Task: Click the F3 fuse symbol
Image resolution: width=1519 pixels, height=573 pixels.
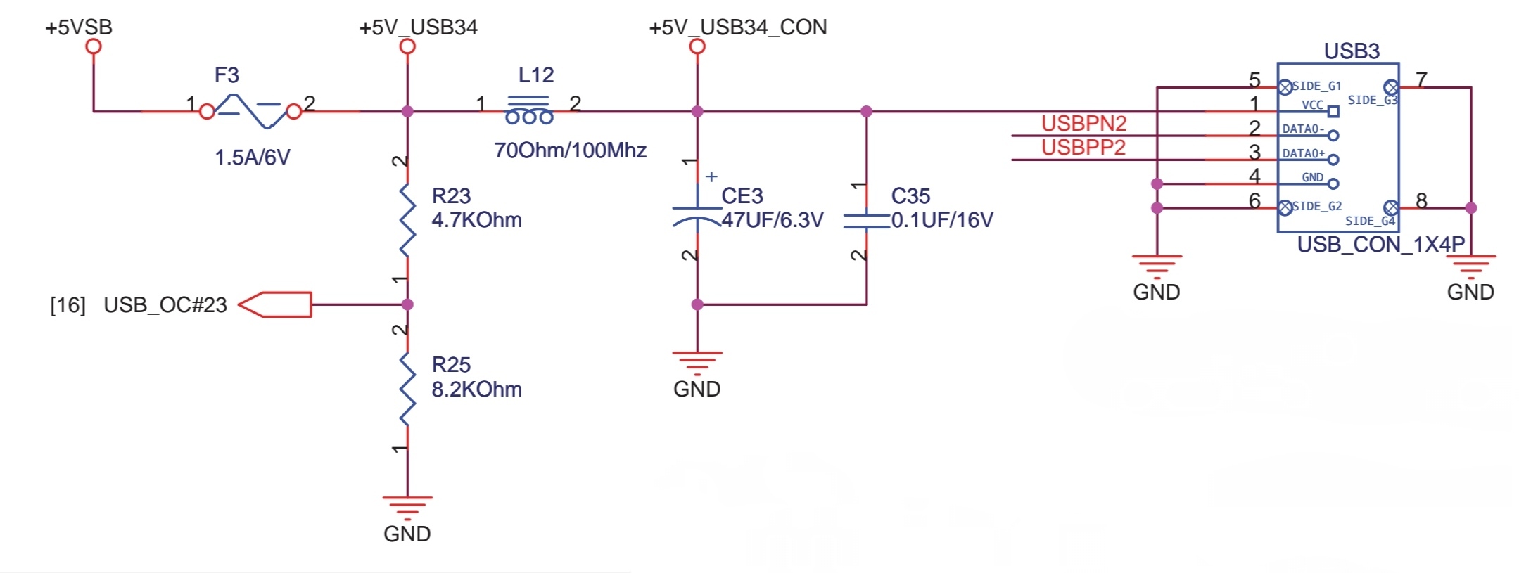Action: click(x=250, y=111)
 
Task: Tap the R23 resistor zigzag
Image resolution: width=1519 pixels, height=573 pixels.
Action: click(x=407, y=220)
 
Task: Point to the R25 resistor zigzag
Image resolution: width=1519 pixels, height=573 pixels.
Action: click(x=407, y=389)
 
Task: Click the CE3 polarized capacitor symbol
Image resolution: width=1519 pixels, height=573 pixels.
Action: click(x=697, y=214)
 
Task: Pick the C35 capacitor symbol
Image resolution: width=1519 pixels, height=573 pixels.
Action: click(x=866, y=221)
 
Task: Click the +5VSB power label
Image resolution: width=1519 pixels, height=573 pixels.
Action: click(x=79, y=27)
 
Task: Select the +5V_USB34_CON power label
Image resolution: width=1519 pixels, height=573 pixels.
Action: click(x=737, y=27)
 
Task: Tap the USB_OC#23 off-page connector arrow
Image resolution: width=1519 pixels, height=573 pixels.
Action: click(x=275, y=304)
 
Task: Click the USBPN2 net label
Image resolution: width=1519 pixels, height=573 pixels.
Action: click(x=1083, y=124)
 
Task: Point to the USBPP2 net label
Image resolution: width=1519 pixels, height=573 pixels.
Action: click(x=1083, y=148)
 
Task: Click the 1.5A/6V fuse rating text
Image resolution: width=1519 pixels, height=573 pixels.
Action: click(x=252, y=157)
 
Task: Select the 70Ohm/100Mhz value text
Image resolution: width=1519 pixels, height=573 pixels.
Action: click(x=570, y=150)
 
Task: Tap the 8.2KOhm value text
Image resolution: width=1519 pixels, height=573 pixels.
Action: click(x=476, y=389)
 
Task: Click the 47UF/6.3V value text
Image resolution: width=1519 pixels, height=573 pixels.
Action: click(x=773, y=220)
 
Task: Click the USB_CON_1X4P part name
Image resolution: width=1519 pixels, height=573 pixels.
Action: click(x=1380, y=245)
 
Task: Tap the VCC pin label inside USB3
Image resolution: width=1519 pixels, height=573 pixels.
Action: click(x=1312, y=105)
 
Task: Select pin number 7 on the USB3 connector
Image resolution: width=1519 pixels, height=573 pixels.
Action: click(x=1421, y=79)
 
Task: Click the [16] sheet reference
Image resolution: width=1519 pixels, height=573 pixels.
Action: click(x=68, y=305)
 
